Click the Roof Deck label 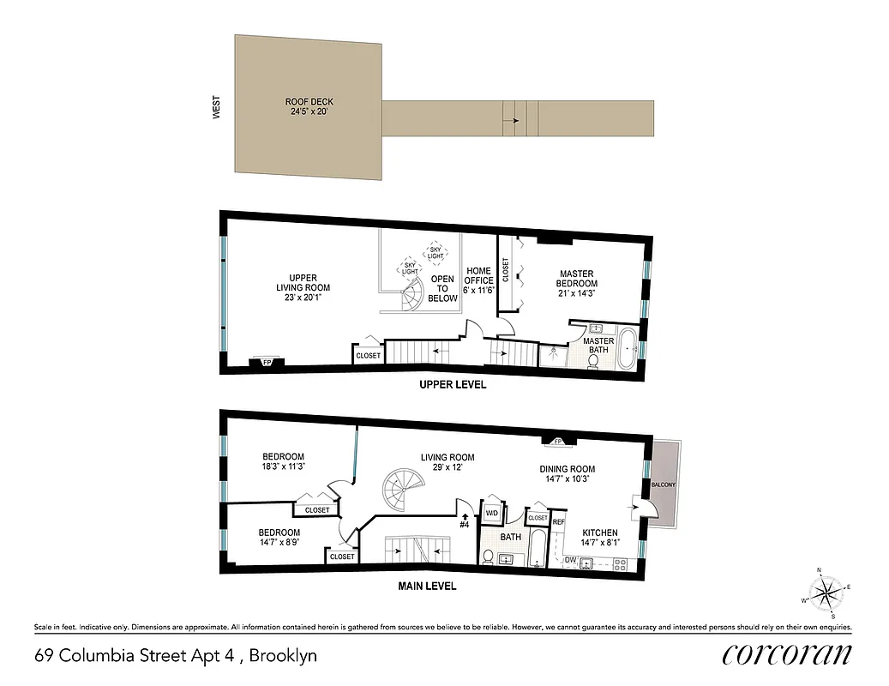[309, 106]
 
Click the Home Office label [478, 280]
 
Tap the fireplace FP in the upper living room [267, 362]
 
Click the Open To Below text [442, 289]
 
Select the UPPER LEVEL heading [452, 385]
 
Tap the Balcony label [664, 484]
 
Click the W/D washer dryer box [492, 513]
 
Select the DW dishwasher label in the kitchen [570, 561]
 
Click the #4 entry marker [465, 521]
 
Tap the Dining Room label [567, 474]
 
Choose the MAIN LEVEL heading [427, 587]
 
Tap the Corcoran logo [787, 655]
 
